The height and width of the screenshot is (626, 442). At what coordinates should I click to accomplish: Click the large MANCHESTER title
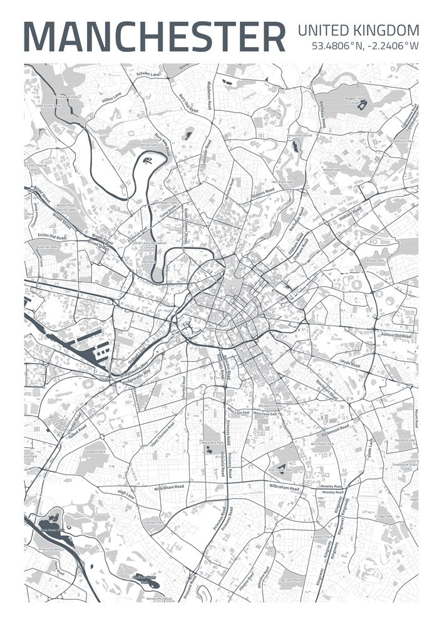pyautogui.click(x=154, y=37)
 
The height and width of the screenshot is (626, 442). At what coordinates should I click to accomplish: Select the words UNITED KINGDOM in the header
pyautogui.click(x=358, y=29)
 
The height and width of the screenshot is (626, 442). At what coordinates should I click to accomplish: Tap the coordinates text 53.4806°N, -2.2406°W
pyautogui.click(x=365, y=45)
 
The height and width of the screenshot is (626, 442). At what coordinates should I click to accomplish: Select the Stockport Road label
pyautogui.click(x=326, y=388)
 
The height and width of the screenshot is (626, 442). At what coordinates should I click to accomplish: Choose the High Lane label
pyautogui.click(x=126, y=494)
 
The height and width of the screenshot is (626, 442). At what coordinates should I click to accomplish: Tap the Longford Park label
pyautogui.click(x=95, y=450)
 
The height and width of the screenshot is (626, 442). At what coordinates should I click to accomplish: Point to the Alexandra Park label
pyautogui.click(x=211, y=440)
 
